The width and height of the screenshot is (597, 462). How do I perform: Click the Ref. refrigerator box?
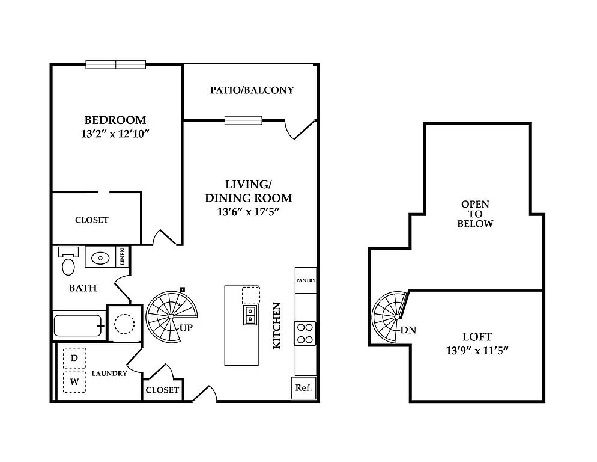click(303, 388)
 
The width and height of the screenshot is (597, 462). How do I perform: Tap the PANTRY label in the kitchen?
click(306, 280)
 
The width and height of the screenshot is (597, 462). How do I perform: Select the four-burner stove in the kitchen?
click(305, 333)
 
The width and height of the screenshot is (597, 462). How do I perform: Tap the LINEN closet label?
click(123, 257)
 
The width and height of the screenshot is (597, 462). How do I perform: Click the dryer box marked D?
click(74, 359)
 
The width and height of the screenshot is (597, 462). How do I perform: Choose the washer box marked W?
click(74, 381)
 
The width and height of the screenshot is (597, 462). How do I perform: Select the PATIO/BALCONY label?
click(252, 90)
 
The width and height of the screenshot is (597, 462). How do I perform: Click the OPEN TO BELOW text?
click(475, 214)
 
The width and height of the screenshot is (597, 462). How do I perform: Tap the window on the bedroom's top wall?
click(116, 64)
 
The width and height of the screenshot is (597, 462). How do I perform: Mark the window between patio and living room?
click(243, 120)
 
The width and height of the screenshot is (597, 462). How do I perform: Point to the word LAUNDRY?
click(109, 374)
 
